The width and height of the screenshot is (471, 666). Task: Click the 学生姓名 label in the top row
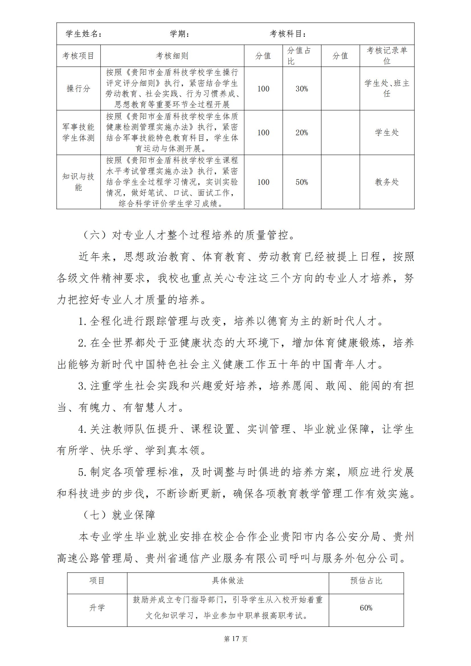coord(83,34)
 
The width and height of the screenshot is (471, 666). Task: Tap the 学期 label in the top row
coord(179,34)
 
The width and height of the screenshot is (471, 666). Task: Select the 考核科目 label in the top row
coord(288,34)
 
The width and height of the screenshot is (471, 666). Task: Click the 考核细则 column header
coord(172,56)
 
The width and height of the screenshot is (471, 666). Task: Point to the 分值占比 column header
coord(299,56)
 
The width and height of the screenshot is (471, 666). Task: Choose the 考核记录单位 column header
coord(387,56)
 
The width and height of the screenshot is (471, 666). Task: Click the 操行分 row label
coord(78,89)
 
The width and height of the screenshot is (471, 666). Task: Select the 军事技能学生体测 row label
coord(78,132)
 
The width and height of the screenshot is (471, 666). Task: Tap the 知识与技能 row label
coord(78,182)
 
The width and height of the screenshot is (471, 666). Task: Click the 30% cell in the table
coord(302,89)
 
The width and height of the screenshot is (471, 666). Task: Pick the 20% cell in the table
coord(302,133)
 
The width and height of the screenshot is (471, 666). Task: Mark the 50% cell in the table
coord(302,182)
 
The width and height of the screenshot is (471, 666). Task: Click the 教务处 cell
coord(387,182)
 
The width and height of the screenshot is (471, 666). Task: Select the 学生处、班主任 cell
coord(387,89)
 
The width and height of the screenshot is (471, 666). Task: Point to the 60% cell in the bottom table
coord(366,608)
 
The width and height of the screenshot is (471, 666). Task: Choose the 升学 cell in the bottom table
coord(97,608)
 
